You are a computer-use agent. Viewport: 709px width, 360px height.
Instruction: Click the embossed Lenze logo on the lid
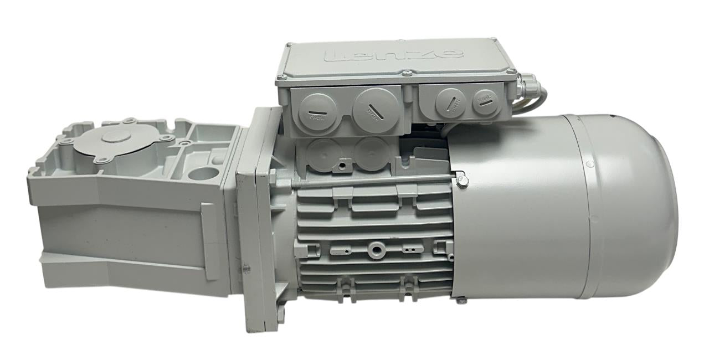(394, 54)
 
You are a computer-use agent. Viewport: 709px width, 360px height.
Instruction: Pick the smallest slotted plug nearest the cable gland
(486, 101)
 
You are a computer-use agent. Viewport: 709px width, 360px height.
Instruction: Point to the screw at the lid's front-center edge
(407, 73)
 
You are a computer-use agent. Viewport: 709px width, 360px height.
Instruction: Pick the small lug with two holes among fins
(410, 248)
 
